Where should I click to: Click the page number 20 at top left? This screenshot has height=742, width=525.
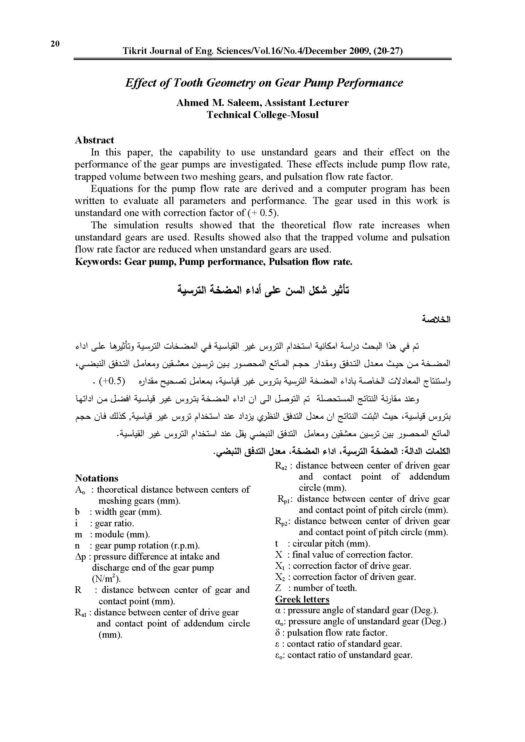pos(55,44)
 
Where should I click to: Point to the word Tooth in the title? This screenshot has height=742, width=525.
pos(188,83)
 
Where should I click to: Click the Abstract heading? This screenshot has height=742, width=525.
pos(94,140)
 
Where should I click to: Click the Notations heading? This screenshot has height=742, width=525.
pos(97,478)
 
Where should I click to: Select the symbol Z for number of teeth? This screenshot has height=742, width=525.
pos(278,588)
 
